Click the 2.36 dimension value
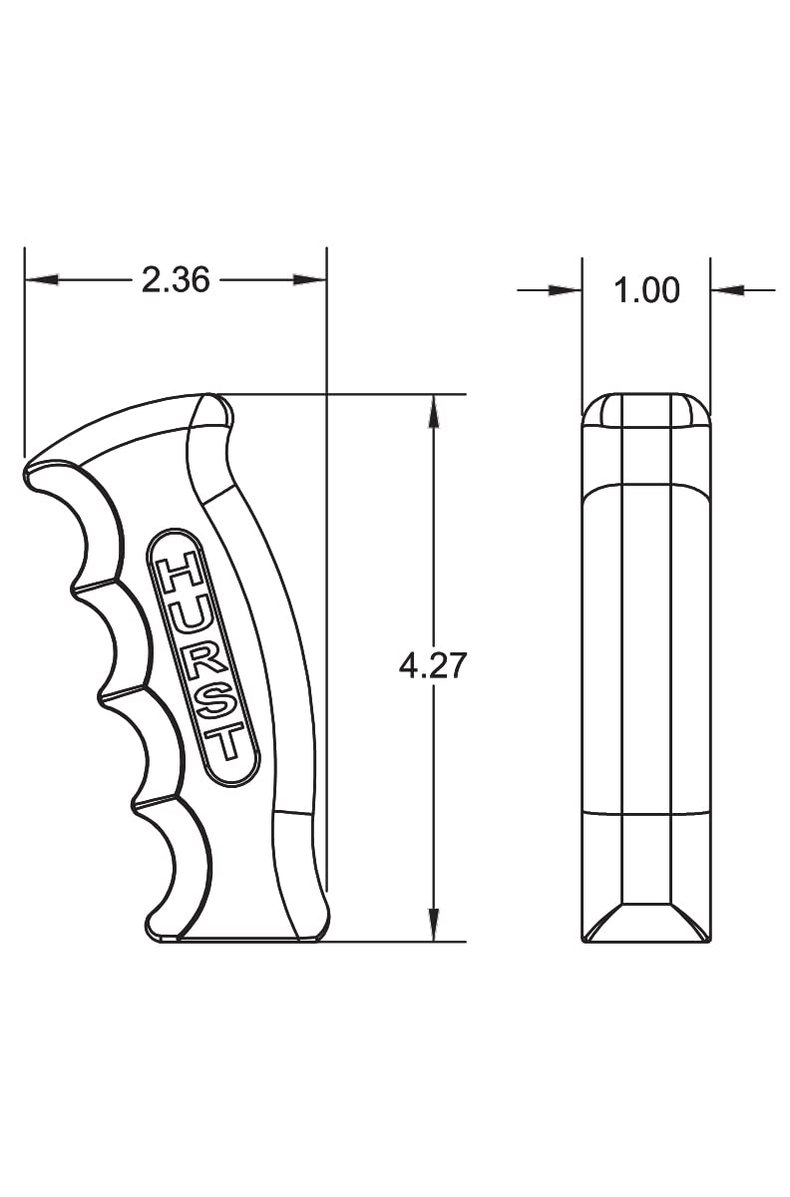click(176, 280)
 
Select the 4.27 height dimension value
click(433, 665)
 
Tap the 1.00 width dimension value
click(646, 290)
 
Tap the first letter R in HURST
click(202, 660)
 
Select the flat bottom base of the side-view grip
click(239, 939)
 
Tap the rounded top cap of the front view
click(646, 410)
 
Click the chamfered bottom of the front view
click(646, 924)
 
